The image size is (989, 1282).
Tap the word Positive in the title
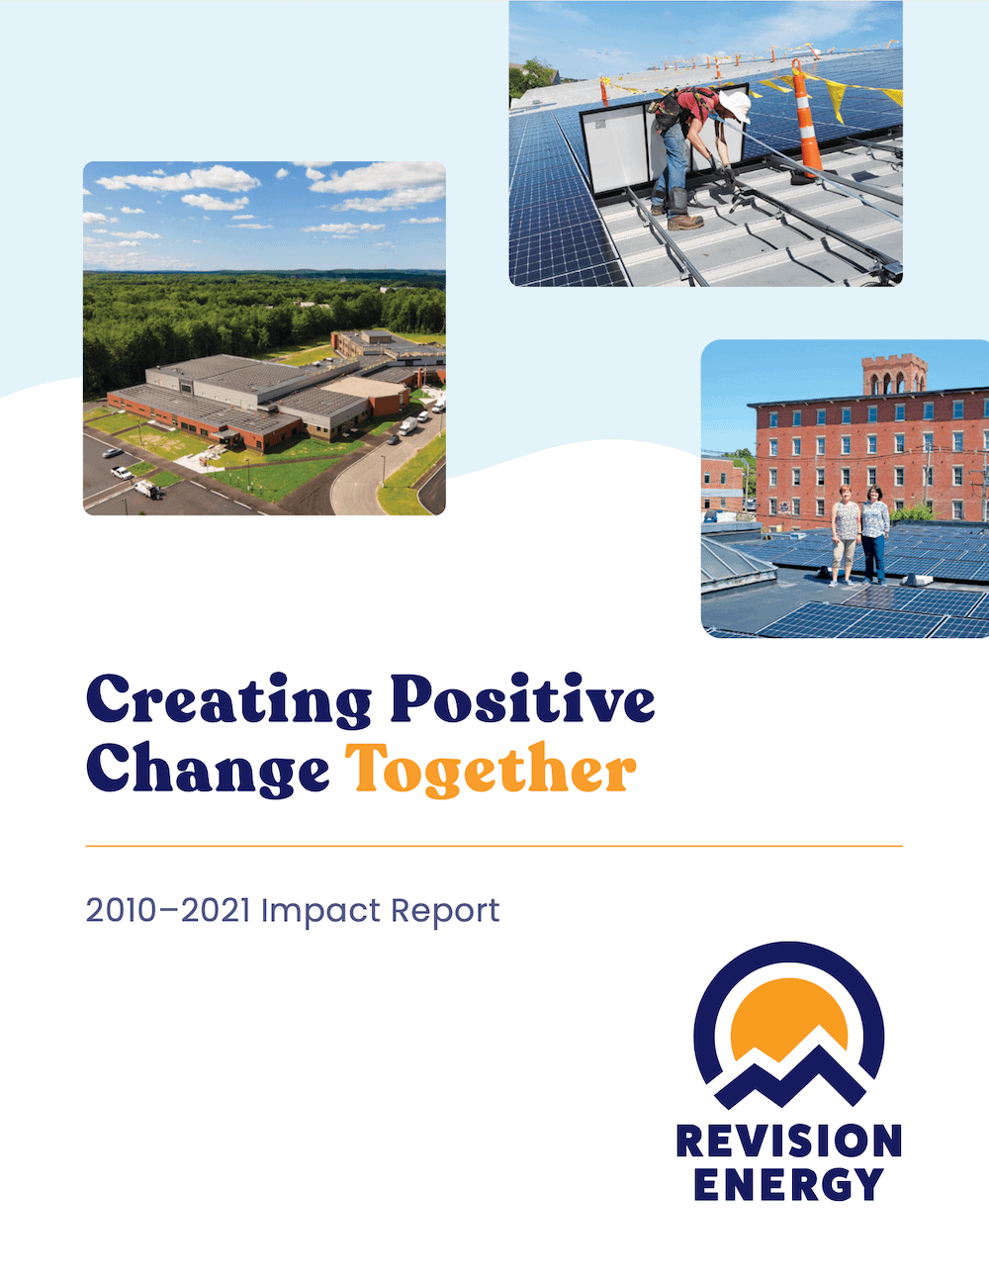(522, 698)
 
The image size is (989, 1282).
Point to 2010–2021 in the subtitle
(168, 910)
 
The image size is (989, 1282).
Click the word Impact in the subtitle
(320, 912)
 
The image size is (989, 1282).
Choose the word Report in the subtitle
(445, 912)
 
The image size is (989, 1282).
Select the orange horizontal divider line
(494, 846)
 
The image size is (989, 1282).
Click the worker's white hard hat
(735, 106)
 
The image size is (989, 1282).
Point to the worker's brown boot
(685, 222)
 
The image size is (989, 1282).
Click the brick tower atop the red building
(894, 374)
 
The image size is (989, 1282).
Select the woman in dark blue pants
(874, 535)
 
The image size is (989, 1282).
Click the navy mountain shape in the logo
(788, 1078)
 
